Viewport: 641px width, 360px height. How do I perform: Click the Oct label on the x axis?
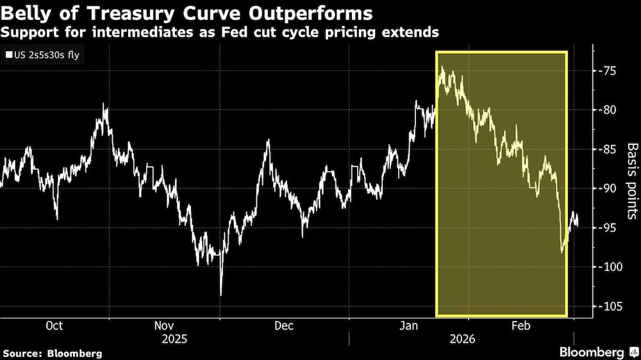coord(54,325)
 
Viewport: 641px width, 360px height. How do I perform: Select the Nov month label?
coord(167,325)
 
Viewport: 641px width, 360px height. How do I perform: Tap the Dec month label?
coord(284,325)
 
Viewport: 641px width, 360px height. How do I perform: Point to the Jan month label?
coord(410,325)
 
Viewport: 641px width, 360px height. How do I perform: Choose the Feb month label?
coord(520,325)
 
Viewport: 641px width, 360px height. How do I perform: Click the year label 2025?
coord(174,339)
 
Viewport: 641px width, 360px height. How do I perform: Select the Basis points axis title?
coord(632,181)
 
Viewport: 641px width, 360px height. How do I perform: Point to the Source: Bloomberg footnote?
coord(52,353)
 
